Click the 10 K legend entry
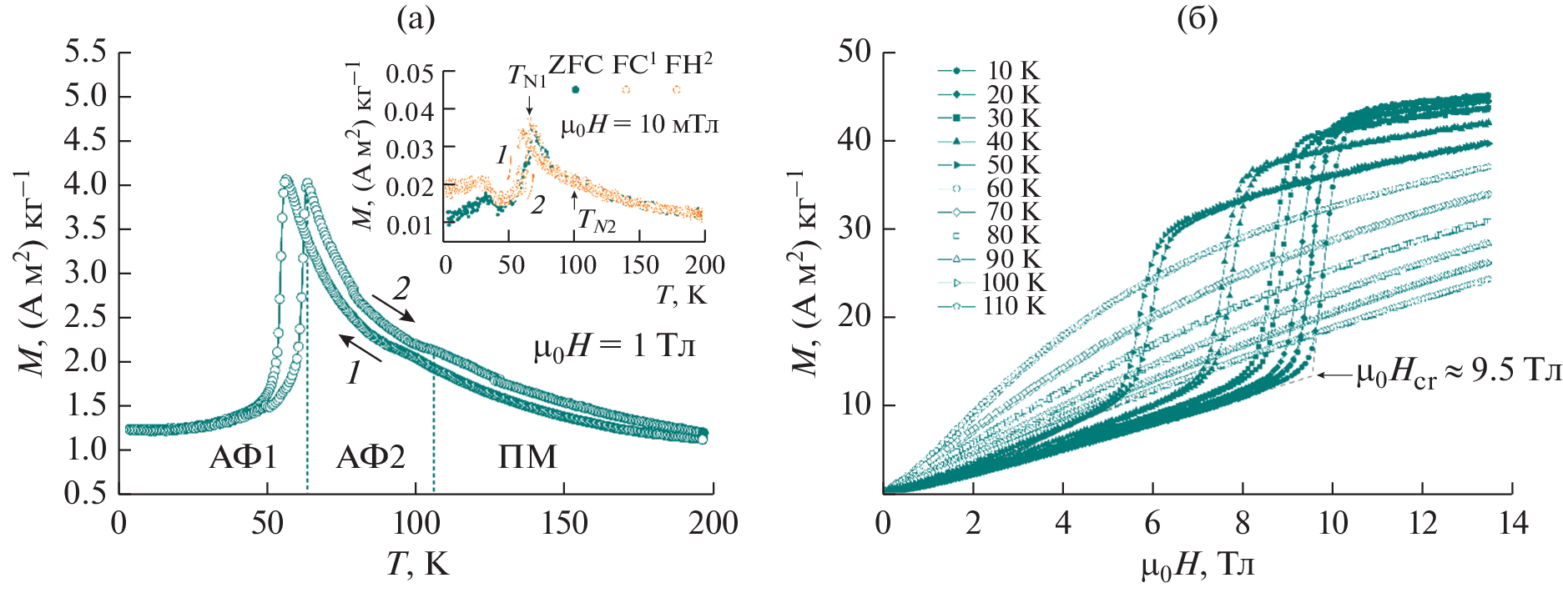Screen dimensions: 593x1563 pyautogui.click(x=1012, y=72)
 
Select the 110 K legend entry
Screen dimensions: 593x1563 pyautogui.click(x=1013, y=306)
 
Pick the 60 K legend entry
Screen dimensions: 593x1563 pyautogui.click(x=1013, y=188)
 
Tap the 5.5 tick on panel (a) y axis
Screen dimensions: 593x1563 pyautogui.click(x=86, y=53)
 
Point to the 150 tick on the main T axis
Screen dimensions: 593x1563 pyautogui.click(x=564, y=524)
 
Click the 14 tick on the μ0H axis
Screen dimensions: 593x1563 pyautogui.click(x=1512, y=524)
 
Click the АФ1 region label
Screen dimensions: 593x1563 pyautogui.click(x=243, y=457)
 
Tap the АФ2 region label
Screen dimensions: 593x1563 pyautogui.click(x=371, y=457)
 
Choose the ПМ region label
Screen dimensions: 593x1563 pyautogui.click(x=527, y=457)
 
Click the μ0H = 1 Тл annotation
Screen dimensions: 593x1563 pyautogui.click(x=614, y=346)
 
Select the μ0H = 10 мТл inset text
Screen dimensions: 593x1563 pyautogui.click(x=639, y=125)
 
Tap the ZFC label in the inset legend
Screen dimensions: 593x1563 pyautogui.click(x=575, y=65)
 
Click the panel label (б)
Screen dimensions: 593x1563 pyautogui.click(x=1197, y=18)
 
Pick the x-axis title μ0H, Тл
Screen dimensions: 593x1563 pyautogui.click(x=1197, y=566)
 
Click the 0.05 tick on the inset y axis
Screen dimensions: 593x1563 pyautogui.click(x=409, y=74)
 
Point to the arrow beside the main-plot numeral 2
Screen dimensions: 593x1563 pyautogui.click(x=393, y=308)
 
